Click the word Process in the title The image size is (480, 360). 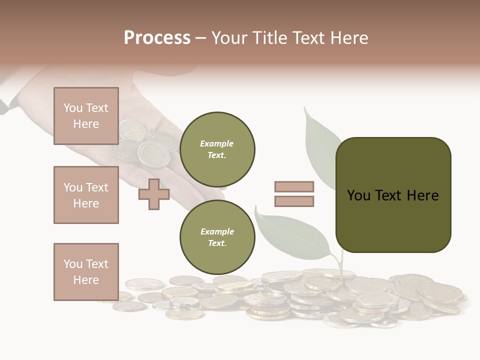(157, 37)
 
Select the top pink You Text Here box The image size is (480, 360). (86, 116)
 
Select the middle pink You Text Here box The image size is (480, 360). (86, 195)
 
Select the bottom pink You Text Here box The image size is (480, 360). (86, 271)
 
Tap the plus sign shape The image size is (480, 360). (154, 194)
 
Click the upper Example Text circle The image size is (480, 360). (217, 149)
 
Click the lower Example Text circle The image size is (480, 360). (217, 237)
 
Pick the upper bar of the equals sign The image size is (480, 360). (294, 186)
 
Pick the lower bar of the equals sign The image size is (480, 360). (294, 201)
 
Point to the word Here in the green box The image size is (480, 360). (422, 195)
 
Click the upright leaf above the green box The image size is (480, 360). (320, 145)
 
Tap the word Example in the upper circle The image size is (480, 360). (217, 143)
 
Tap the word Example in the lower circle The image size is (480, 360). (217, 231)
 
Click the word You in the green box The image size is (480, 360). (358, 195)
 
